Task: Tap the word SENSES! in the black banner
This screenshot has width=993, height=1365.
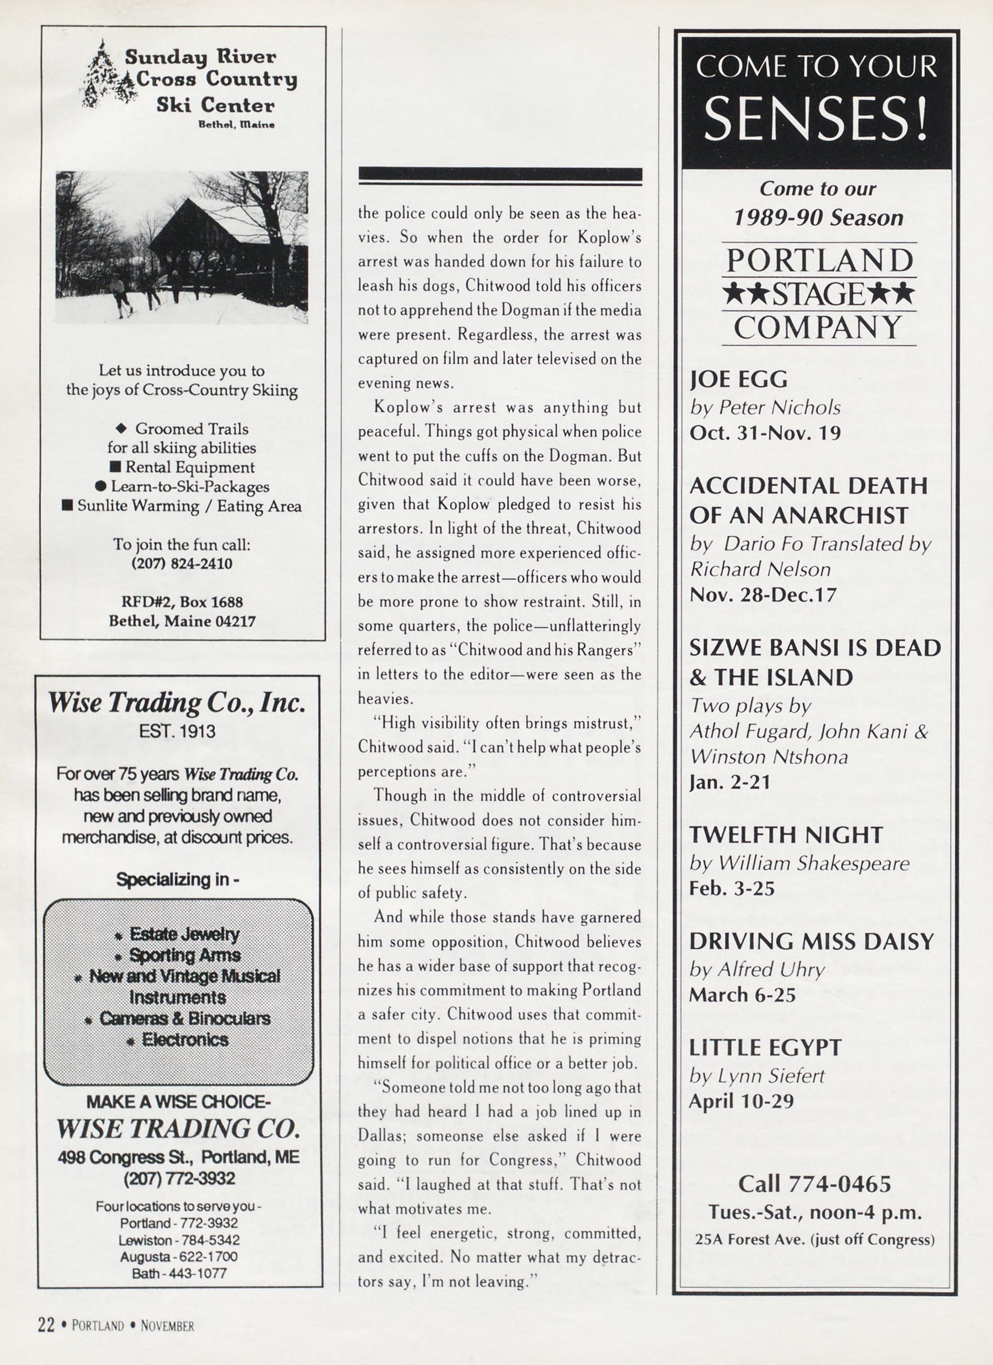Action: tap(816, 118)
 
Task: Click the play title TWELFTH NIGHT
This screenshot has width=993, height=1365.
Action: tap(786, 835)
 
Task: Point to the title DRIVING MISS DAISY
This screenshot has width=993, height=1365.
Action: tap(811, 941)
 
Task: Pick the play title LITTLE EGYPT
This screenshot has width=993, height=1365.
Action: tap(765, 1048)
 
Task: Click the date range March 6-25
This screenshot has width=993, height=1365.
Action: tap(742, 995)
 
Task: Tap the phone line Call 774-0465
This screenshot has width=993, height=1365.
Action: tap(814, 1183)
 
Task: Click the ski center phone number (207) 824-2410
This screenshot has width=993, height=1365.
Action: tap(182, 563)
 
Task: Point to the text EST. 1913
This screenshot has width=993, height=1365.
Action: tap(177, 731)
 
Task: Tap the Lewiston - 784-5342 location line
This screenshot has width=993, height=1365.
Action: tap(179, 1240)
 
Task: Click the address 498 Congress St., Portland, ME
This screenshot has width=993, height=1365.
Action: tap(179, 1157)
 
